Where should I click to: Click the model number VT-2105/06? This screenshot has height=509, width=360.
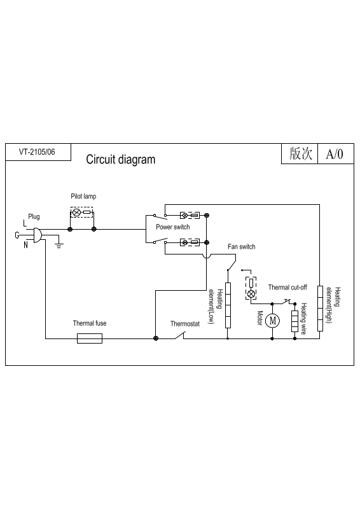click(x=37, y=152)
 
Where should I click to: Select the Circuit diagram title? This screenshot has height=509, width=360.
click(x=121, y=160)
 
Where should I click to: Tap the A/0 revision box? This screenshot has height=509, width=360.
click(x=335, y=154)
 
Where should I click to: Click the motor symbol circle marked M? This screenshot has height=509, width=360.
click(x=272, y=321)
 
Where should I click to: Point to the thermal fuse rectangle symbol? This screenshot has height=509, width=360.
click(x=90, y=338)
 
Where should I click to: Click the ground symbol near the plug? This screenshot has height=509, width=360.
click(x=59, y=244)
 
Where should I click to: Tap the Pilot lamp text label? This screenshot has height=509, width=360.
click(x=83, y=197)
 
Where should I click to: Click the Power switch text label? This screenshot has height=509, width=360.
click(x=173, y=227)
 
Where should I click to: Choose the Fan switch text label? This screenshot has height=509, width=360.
click(x=242, y=247)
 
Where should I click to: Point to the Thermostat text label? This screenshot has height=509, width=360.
click(x=185, y=324)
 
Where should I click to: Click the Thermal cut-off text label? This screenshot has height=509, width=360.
click(x=287, y=288)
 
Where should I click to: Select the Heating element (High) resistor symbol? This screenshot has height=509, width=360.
click(x=320, y=309)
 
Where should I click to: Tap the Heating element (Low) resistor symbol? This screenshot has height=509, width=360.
click(x=228, y=305)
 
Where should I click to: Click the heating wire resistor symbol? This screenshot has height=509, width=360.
click(x=294, y=321)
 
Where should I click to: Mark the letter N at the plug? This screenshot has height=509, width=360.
click(x=25, y=245)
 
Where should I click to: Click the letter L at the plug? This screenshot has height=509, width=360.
click(x=25, y=223)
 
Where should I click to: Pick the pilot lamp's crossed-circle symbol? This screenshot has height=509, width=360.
click(x=76, y=213)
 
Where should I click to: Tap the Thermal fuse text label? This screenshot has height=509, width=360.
click(x=90, y=323)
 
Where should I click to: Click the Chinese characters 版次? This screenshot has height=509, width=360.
click(x=301, y=153)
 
